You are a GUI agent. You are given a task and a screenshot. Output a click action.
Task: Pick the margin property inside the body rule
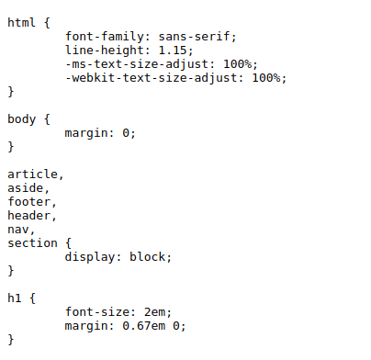(86, 133)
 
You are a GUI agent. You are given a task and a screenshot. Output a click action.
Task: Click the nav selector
(18, 230)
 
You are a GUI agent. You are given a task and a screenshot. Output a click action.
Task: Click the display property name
(90, 257)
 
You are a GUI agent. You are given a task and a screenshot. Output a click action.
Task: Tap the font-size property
(97, 312)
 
